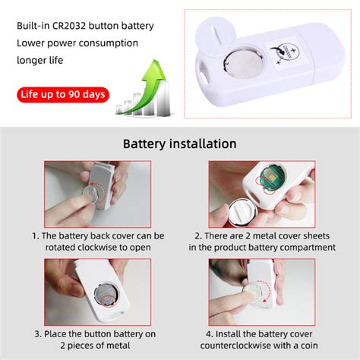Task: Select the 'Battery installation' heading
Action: click(179, 144)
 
